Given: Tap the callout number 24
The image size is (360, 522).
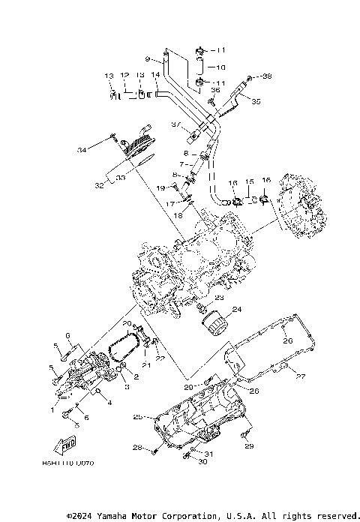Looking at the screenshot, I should coord(236,309).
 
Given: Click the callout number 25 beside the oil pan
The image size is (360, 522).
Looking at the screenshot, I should coord(138,416).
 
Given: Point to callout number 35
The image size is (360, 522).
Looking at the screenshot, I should coord(256,101).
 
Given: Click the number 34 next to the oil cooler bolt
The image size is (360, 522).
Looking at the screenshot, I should coord(103,151).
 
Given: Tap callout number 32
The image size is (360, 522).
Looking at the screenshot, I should coord(98,183).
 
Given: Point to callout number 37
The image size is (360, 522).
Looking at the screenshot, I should coord(175,124).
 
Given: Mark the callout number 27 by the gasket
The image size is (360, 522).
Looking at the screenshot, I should coord(300,376).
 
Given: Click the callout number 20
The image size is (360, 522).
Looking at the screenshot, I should coord(127,324).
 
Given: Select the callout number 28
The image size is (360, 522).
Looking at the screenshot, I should coord(137,448).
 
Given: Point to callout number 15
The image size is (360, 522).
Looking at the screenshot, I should coord(250,181).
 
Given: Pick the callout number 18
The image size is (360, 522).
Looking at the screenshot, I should coord(178,215).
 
